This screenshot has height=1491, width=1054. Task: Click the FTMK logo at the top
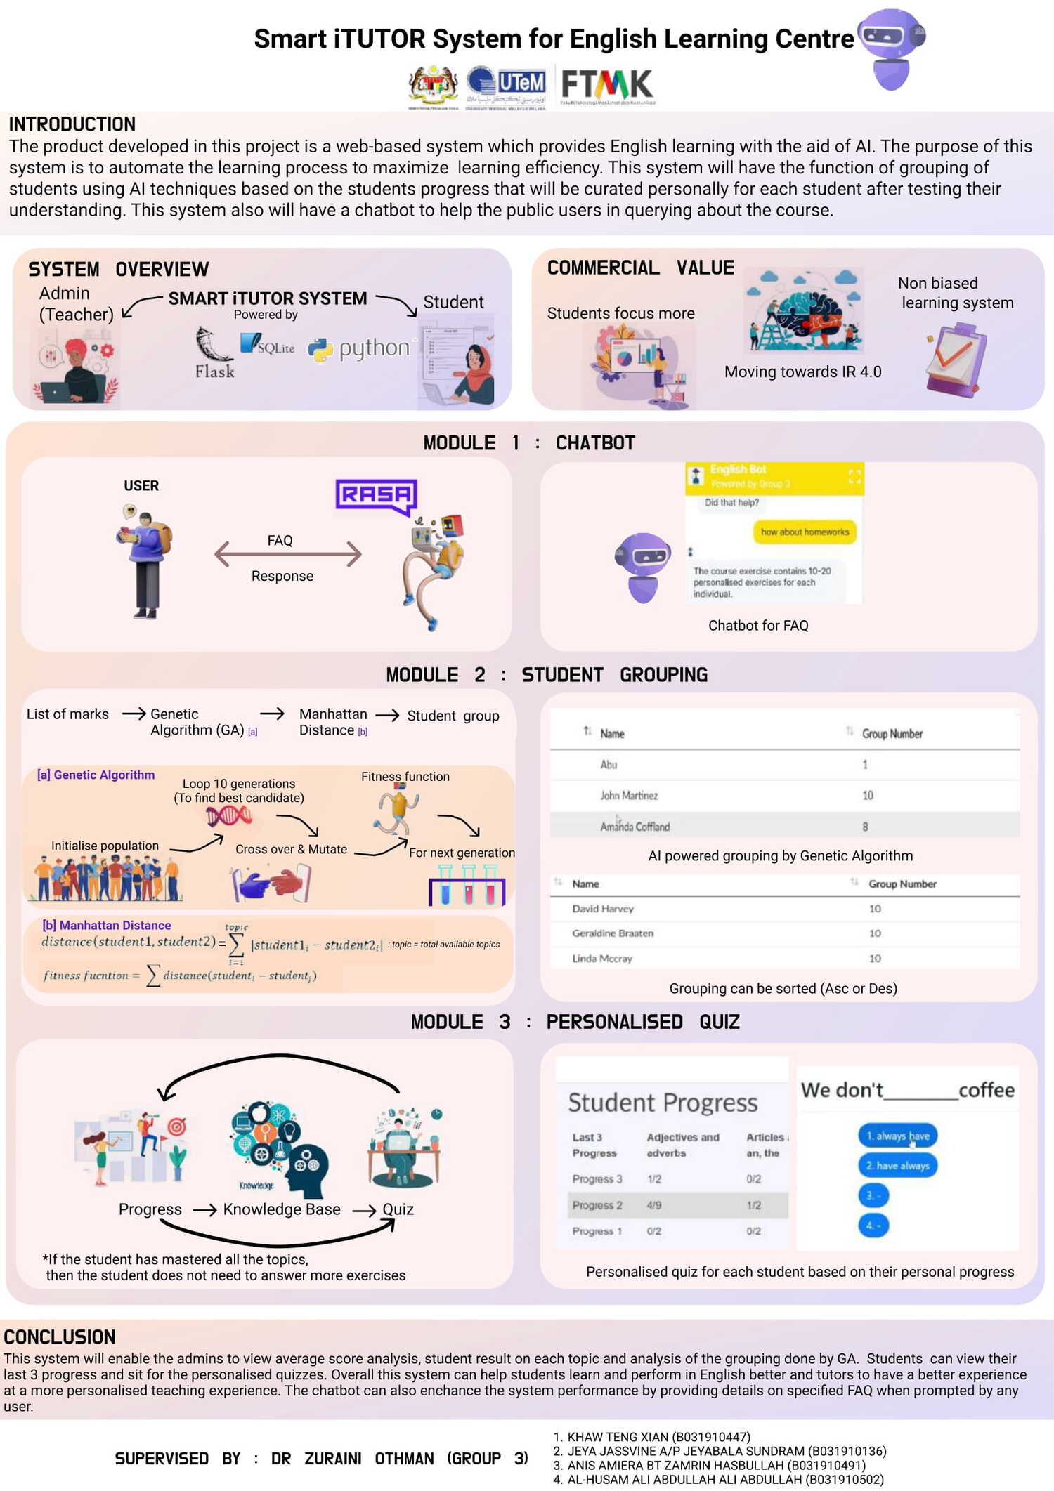(x=607, y=85)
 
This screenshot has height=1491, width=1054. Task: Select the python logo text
(x=373, y=348)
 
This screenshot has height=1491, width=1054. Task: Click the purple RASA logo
(x=377, y=496)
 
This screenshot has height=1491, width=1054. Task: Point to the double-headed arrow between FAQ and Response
(x=288, y=554)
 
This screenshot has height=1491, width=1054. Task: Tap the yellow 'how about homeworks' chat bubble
(x=805, y=532)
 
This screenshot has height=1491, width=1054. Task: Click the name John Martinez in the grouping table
(x=629, y=795)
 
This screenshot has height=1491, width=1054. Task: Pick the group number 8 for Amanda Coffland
(x=865, y=827)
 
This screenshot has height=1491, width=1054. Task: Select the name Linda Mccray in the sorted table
(x=602, y=958)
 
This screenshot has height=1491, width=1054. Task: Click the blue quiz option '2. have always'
(x=897, y=1166)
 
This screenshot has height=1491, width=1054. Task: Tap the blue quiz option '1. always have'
(x=897, y=1136)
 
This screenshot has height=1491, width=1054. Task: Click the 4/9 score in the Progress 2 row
(x=654, y=1205)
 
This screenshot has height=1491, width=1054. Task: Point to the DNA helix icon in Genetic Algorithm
(x=228, y=815)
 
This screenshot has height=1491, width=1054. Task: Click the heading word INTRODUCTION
(x=72, y=124)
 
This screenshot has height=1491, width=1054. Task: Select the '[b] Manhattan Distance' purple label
(x=106, y=925)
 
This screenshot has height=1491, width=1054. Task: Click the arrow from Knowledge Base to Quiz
(x=364, y=1210)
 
